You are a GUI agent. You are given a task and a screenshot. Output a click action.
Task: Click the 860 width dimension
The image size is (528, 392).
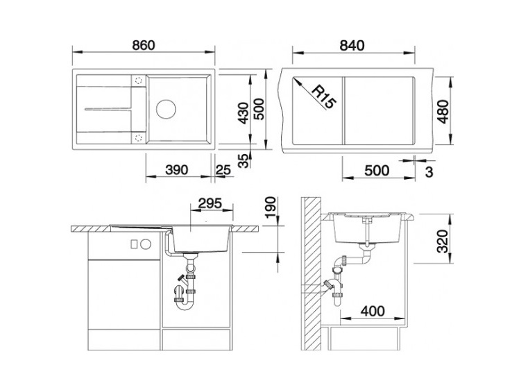click(144, 45)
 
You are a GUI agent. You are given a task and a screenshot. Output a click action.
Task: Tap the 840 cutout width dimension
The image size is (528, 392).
click(352, 46)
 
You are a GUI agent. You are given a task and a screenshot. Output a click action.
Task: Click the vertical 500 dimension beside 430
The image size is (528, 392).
click(259, 109)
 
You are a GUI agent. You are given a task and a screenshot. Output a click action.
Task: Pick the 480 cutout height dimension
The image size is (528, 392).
click(443, 112)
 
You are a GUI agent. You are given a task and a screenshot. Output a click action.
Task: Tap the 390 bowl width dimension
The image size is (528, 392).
click(177, 170)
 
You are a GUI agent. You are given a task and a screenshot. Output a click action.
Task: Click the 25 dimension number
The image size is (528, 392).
click(223, 170)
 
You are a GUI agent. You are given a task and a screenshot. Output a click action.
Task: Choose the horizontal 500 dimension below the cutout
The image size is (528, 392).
click(377, 171)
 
